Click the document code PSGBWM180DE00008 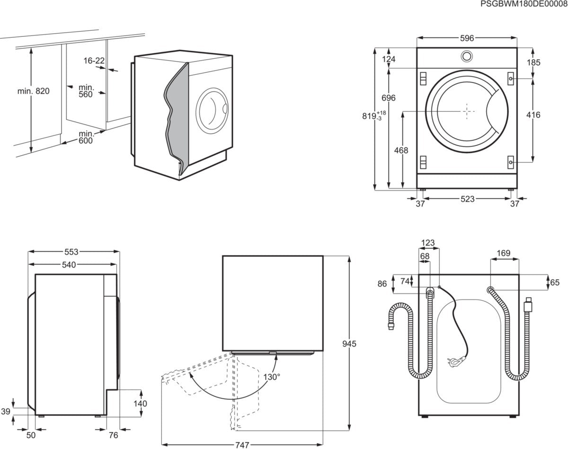coord(523,4)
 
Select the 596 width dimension coord(467,38)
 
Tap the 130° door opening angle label coord(272,377)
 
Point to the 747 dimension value coord(242,445)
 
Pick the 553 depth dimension coord(71,252)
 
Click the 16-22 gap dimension coord(94,61)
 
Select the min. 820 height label coord(33,91)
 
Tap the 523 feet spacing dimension coord(467,199)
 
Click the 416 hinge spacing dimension coord(533,115)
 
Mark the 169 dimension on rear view coord(504,253)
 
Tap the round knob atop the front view coord(466,56)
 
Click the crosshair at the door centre coord(467,112)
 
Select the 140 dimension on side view coord(141,404)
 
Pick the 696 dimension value coord(389,98)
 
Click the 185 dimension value coord(533,62)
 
